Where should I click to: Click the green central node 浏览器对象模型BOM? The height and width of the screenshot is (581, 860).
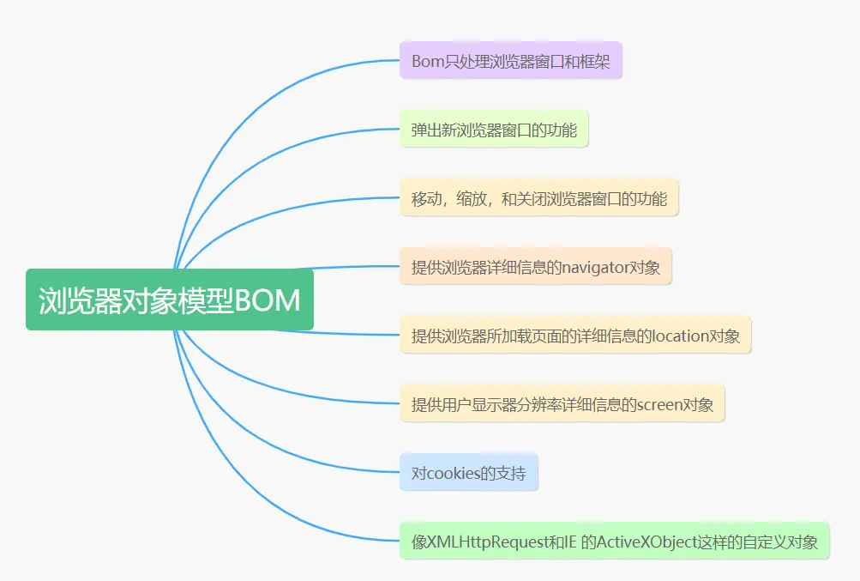[x=170, y=300]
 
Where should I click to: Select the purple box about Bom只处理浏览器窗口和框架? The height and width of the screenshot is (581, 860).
[x=510, y=61]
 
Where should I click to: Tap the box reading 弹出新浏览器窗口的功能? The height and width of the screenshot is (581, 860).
[x=493, y=130]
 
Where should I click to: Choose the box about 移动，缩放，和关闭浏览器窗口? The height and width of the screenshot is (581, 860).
[x=538, y=198]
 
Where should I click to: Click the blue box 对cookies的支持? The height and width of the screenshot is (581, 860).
[x=468, y=473]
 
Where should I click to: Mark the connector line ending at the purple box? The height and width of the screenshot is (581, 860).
[x=257, y=94]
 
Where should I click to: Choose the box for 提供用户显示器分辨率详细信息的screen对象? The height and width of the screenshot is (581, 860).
[x=562, y=404]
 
